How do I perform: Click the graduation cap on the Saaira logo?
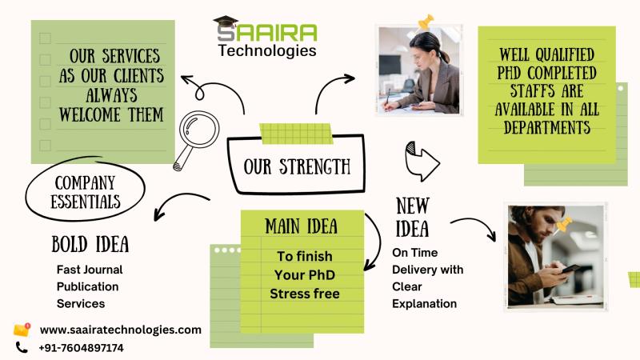(226, 22)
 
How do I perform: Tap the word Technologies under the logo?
(267, 50)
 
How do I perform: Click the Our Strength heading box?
(296, 164)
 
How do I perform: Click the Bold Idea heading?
(90, 244)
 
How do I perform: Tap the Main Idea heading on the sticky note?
(302, 226)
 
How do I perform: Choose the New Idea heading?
(413, 217)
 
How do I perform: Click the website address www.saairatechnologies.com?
(121, 330)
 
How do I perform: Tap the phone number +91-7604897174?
(81, 348)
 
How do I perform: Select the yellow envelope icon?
(22, 330)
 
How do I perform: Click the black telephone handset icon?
(22, 348)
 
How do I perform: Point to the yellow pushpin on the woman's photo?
(426, 22)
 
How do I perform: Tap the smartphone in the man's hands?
(571, 269)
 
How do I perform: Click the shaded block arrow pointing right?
(422, 161)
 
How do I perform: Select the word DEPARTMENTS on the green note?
(547, 128)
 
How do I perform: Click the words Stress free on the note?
(305, 294)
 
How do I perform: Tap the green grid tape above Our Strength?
(296, 134)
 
